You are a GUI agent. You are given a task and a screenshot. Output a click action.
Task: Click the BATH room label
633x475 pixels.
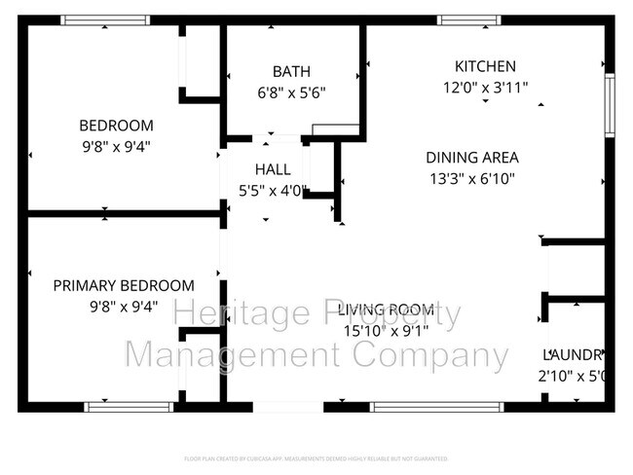point(291,71)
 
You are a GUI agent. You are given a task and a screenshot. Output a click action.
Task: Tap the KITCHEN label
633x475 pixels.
point(485,66)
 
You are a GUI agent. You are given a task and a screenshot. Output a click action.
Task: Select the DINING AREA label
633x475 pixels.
point(471,157)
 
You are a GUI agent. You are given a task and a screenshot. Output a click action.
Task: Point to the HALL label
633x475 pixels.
point(273,169)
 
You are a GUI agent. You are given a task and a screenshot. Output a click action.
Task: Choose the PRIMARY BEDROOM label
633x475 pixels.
point(123,285)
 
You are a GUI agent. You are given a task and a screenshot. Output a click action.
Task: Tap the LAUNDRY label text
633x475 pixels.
point(575,355)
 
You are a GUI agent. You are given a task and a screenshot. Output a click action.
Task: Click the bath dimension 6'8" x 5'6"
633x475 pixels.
point(291,93)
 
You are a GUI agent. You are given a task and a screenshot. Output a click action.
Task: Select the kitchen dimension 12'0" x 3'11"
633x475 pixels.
point(485,87)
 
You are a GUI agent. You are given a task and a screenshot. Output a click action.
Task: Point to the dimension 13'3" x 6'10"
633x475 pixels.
point(471,178)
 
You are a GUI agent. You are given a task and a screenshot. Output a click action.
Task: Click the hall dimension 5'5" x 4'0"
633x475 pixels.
point(273,191)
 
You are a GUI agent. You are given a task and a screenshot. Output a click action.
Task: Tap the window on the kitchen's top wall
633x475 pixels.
point(468,19)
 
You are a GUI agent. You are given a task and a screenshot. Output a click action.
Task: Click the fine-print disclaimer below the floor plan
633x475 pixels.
point(316,457)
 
